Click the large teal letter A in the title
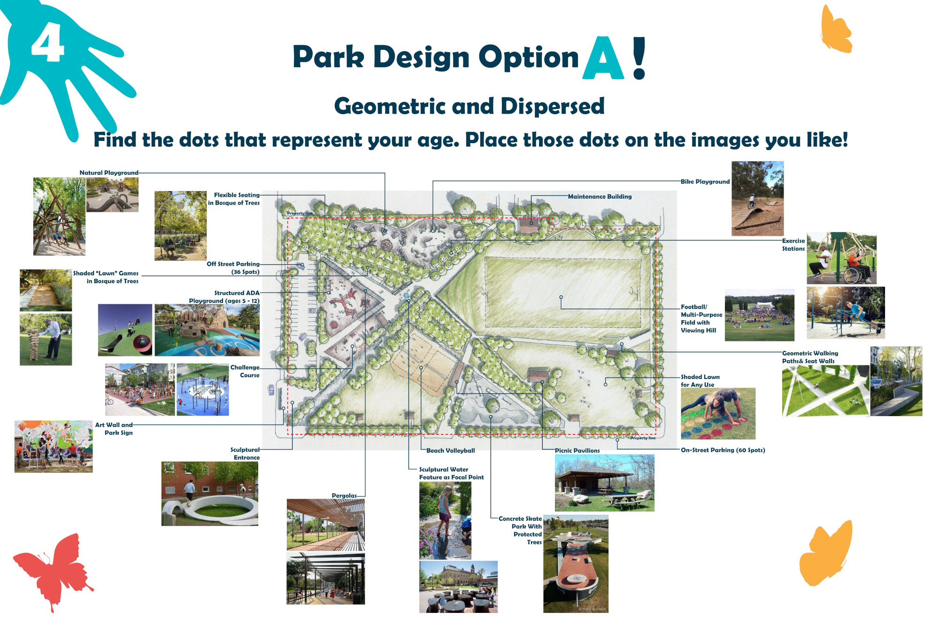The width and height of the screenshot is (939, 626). (603, 58)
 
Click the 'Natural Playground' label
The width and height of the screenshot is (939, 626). (109, 173)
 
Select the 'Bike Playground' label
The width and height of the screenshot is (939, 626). (705, 182)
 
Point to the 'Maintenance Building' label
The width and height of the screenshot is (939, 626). (600, 197)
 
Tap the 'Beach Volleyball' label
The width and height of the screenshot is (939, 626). (450, 451)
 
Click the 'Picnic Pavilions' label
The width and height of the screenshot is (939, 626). (577, 451)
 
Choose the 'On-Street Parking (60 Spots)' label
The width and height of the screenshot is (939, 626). (723, 450)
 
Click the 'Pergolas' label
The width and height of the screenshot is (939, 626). (344, 496)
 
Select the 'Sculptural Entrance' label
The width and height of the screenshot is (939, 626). (245, 454)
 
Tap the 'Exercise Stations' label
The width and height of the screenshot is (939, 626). (793, 245)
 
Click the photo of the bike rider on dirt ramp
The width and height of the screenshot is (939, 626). (757, 199)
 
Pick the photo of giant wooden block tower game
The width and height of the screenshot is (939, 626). (46, 340)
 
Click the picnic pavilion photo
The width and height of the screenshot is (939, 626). (604, 483)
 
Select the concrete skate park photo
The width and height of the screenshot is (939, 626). (576, 564)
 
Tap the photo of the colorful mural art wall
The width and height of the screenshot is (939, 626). (54, 447)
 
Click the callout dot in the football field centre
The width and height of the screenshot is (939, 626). (561, 297)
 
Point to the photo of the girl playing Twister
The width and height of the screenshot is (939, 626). (718, 414)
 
